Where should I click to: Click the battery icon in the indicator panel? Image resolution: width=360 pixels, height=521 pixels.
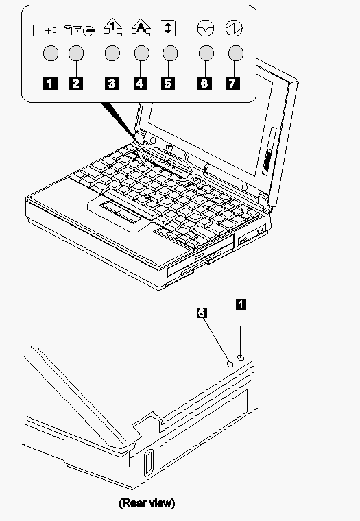(x=45, y=31)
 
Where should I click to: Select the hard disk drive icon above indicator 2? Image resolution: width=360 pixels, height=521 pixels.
(x=79, y=31)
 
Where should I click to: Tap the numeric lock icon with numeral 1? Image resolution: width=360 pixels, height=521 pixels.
(x=112, y=27)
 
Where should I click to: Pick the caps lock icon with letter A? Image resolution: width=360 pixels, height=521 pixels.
(x=141, y=27)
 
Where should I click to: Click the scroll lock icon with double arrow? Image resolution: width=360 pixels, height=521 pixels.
(x=167, y=28)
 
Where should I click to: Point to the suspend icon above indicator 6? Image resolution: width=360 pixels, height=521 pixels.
(x=206, y=28)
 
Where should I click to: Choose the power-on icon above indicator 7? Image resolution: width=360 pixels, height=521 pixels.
(x=234, y=28)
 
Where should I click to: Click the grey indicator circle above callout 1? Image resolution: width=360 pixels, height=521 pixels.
(x=51, y=53)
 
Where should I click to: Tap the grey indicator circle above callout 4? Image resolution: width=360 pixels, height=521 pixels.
(x=142, y=53)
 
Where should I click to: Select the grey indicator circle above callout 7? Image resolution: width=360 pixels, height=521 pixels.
(x=236, y=53)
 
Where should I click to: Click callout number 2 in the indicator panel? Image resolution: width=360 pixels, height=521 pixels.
(x=76, y=83)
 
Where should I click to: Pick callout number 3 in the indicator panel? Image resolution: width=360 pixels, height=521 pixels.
(x=112, y=83)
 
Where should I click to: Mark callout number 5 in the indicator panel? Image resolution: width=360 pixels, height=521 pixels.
(x=168, y=83)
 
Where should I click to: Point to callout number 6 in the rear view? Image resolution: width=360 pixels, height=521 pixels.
(x=202, y=313)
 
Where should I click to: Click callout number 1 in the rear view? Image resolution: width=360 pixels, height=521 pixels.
(x=241, y=304)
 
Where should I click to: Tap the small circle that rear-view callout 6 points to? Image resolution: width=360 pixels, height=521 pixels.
(x=230, y=365)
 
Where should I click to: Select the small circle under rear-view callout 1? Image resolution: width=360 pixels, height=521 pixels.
(x=241, y=358)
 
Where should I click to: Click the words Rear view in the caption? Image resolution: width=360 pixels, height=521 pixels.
(x=147, y=503)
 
